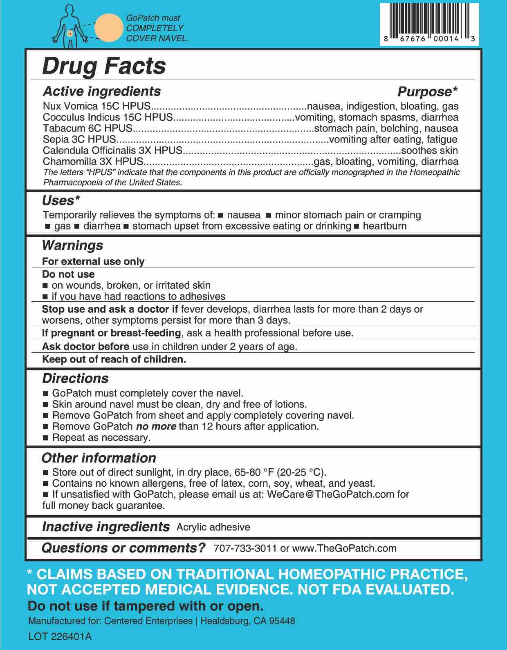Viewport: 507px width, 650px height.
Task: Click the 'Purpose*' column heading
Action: (427, 91)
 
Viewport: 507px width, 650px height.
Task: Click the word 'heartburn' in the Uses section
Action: (384, 226)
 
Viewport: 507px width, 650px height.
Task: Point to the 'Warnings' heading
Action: (72, 246)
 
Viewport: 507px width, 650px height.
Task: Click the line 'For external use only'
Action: (93, 261)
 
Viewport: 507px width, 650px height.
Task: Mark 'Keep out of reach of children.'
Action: (114, 360)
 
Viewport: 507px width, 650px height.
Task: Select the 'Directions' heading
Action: (75, 378)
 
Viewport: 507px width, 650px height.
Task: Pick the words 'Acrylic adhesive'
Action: (213, 527)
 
